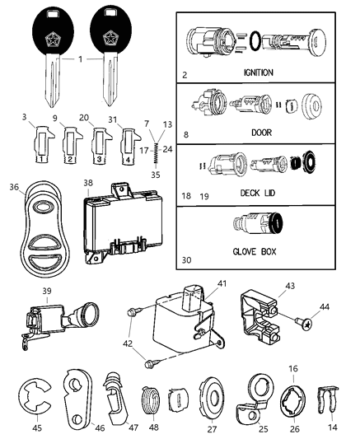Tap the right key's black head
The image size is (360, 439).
(x=116, y=29)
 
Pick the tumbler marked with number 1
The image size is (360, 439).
(x=41, y=148)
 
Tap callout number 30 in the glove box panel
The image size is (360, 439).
(x=186, y=261)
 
